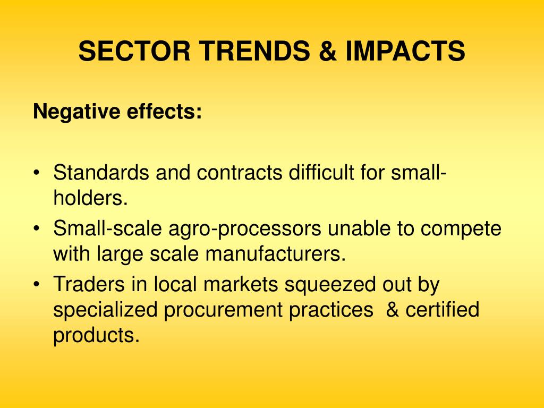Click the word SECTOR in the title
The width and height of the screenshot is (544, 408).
[134, 51]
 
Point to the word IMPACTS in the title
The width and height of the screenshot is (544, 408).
[405, 51]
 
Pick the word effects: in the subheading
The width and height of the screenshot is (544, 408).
[164, 112]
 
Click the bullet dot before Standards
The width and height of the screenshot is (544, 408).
[37, 173]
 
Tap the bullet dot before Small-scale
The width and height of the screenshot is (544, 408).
[37, 228]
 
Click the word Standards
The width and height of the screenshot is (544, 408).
[101, 172]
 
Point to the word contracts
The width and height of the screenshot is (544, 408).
[240, 173]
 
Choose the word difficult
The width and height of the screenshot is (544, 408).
[321, 172]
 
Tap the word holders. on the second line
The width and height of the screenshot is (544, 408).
[90, 198]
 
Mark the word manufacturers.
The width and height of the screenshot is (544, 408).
[276, 253]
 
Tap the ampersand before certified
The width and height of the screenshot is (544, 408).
[393, 310]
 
